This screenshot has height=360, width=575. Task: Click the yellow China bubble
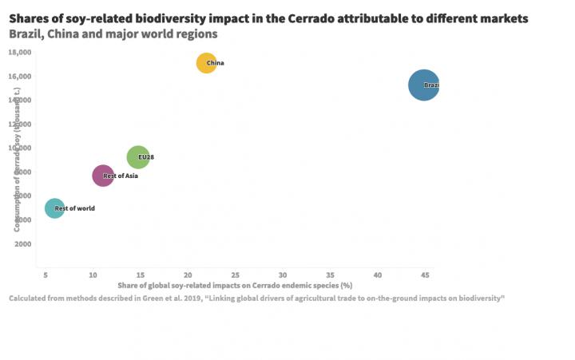[x=206, y=63]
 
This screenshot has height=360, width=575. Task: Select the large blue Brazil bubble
[x=423, y=85]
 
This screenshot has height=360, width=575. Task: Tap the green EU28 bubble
[x=138, y=157]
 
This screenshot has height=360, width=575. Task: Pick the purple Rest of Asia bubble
[x=103, y=176]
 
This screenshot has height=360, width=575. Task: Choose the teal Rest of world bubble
[x=54, y=208]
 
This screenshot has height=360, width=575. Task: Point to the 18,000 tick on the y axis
[x=20, y=52]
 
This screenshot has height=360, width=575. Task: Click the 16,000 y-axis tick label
[x=20, y=76]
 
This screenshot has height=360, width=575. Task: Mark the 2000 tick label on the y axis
[x=22, y=243]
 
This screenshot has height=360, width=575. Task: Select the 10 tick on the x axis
[x=93, y=275]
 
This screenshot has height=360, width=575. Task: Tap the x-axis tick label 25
[x=235, y=275]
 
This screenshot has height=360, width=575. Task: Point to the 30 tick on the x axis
[x=283, y=275]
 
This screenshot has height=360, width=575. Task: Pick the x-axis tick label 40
[x=378, y=275]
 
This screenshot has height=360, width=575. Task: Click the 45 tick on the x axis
[x=425, y=275]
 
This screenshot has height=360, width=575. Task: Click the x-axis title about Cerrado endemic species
[x=235, y=285]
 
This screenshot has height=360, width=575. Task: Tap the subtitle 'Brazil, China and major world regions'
[x=113, y=35]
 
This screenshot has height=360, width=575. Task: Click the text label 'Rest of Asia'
[x=121, y=176]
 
